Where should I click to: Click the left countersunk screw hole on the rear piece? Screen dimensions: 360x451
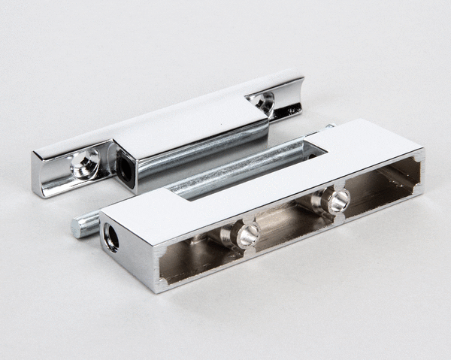pos(84,160)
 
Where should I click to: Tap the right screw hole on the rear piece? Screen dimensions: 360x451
pos(263,101)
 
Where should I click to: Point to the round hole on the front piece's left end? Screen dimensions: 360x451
pos(111,237)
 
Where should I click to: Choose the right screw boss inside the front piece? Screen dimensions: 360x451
pos(336,200)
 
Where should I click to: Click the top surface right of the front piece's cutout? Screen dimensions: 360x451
pos(368,143)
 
